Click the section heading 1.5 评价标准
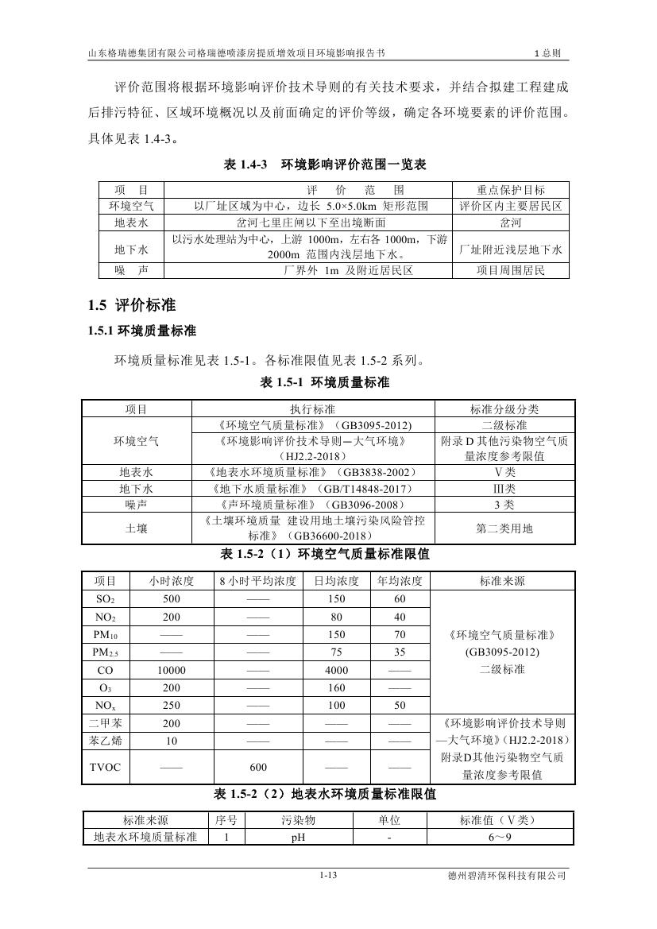point(132,305)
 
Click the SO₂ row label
point(105,598)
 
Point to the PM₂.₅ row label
point(105,652)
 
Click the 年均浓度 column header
point(400,581)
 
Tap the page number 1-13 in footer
point(329,876)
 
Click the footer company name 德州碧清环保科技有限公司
point(507,876)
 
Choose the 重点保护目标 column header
point(511,190)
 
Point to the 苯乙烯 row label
point(105,740)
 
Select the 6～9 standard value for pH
point(500,837)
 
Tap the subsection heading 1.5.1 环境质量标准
point(142,331)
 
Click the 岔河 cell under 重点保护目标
point(511,223)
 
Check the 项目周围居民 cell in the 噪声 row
point(511,271)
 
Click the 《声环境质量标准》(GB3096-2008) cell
point(314,505)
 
